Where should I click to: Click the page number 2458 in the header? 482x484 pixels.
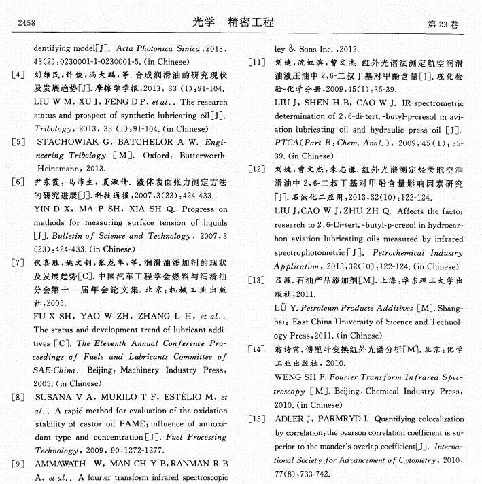26,24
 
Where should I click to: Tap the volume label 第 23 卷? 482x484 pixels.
442,24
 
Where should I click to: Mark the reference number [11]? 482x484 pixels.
256,62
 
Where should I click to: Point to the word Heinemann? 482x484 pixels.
60,167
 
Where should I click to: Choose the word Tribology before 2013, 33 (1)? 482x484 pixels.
56,128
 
